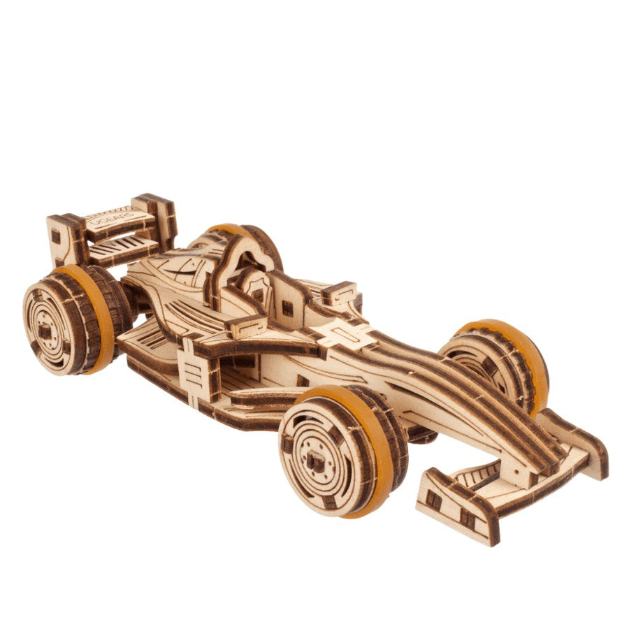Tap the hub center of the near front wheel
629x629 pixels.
pyautogui.click(x=316, y=460)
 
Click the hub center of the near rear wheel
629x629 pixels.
pyautogui.click(x=48, y=328)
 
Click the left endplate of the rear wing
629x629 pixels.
pyautogui.click(x=62, y=238)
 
